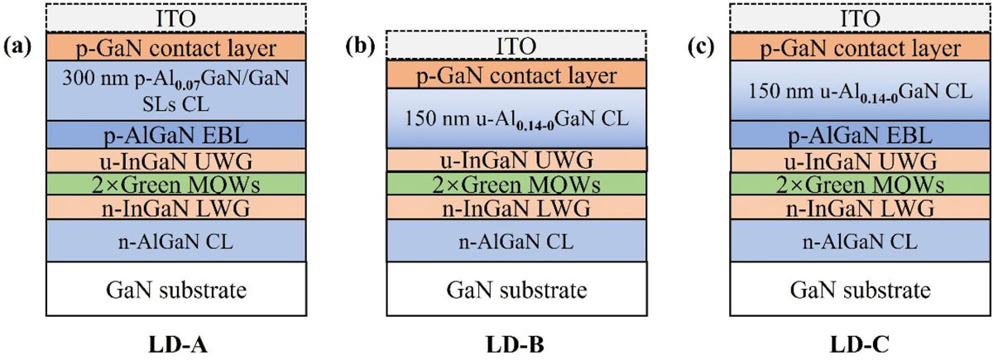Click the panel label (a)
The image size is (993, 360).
[x=17, y=46]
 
